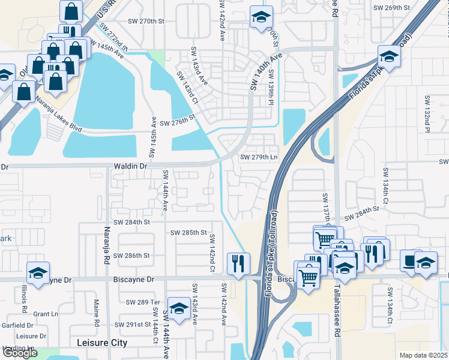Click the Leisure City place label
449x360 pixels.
coord(103,343)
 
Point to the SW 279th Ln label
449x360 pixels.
coord(259,157)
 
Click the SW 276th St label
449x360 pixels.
coord(178,123)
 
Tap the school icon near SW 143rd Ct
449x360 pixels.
coord(179,308)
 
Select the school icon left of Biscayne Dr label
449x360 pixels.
coord(38,273)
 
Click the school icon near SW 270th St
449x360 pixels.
coord(261,17)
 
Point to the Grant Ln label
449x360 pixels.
coord(45,314)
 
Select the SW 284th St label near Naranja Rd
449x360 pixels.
coord(133,222)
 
